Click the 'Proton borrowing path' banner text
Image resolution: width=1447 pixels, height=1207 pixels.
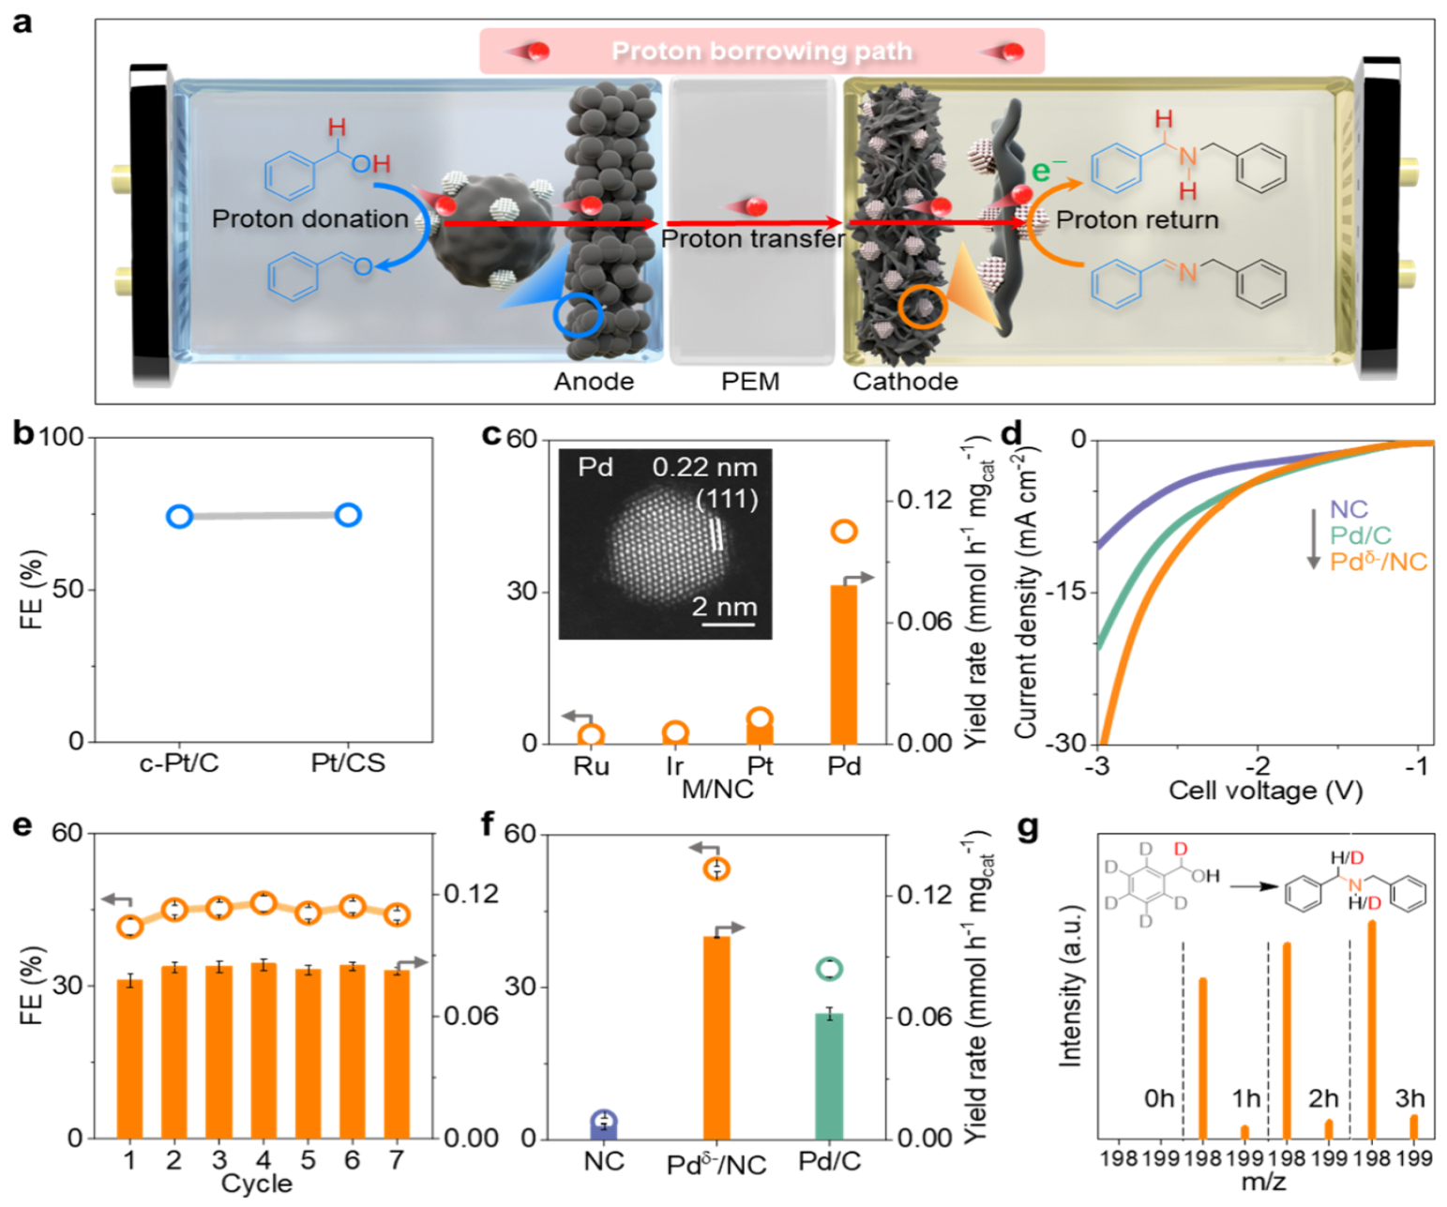tap(761, 51)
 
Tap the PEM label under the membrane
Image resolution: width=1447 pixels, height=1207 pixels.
tap(750, 382)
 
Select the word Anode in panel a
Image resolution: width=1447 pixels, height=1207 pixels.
tap(594, 382)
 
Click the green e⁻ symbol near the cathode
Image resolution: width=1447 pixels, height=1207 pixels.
tap(1049, 172)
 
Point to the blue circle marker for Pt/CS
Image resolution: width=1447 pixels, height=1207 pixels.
tap(348, 514)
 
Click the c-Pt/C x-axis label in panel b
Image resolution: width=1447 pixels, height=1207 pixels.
tap(179, 763)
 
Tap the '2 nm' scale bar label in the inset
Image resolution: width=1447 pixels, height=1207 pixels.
tap(725, 606)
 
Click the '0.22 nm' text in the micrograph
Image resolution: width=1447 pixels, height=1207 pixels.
tap(704, 467)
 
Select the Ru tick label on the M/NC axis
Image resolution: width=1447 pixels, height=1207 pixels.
tap(591, 766)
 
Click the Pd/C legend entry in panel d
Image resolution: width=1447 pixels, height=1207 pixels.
tap(1361, 536)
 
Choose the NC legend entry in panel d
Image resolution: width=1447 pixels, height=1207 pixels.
tap(1349, 509)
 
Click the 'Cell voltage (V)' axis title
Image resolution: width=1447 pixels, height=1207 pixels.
tap(1265, 791)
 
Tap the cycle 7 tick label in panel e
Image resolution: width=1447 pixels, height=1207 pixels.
tap(397, 1160)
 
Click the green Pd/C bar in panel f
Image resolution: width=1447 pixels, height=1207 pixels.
tap(829, 1076)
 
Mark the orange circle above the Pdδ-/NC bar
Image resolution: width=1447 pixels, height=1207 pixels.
tap(716, 869)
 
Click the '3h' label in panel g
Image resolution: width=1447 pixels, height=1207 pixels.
tap(1409, 1097)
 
